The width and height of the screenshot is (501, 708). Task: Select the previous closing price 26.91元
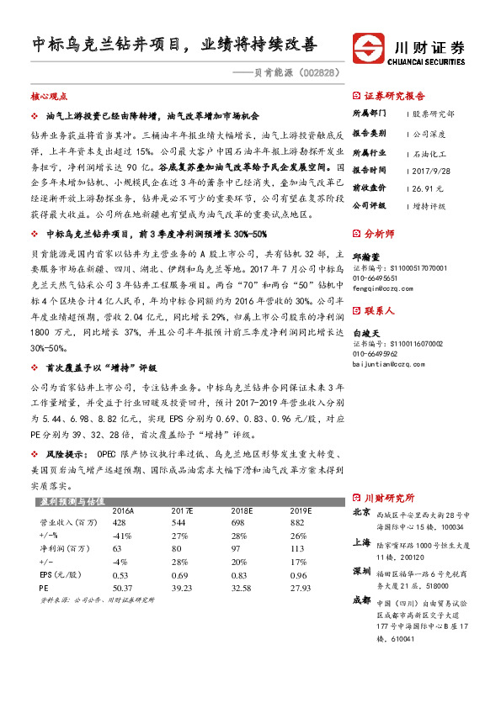pyautogui.click(x=428, y=188)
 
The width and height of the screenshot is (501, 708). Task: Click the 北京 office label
pyautogui.click(x=360, y=512)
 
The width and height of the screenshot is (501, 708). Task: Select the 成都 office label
pyautogui.click(x=360, y=602)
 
